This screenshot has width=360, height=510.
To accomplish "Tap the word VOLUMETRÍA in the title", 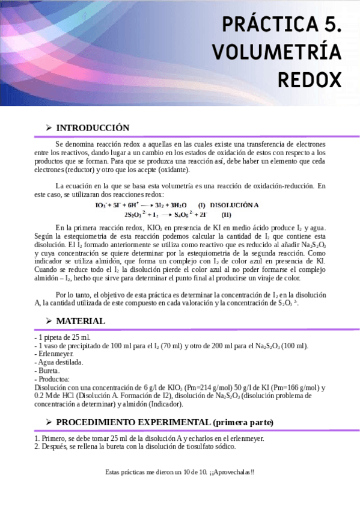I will [276, 52].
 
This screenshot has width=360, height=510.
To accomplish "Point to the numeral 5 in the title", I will [332, 25].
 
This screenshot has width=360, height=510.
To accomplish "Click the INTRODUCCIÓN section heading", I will [93, 127].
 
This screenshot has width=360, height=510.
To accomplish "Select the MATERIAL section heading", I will [81, 321].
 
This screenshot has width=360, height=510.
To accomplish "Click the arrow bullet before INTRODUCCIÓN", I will [48, 127].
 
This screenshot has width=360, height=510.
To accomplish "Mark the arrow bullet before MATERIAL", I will [48, 321].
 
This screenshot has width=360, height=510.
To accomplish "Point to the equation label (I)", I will [201, 205].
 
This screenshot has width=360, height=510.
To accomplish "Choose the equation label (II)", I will [226, 215].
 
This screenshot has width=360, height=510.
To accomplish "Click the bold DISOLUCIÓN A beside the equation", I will [234, 205].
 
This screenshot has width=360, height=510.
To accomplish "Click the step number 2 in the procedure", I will [37, 446].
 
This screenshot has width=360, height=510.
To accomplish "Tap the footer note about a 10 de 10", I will [180, 472].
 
